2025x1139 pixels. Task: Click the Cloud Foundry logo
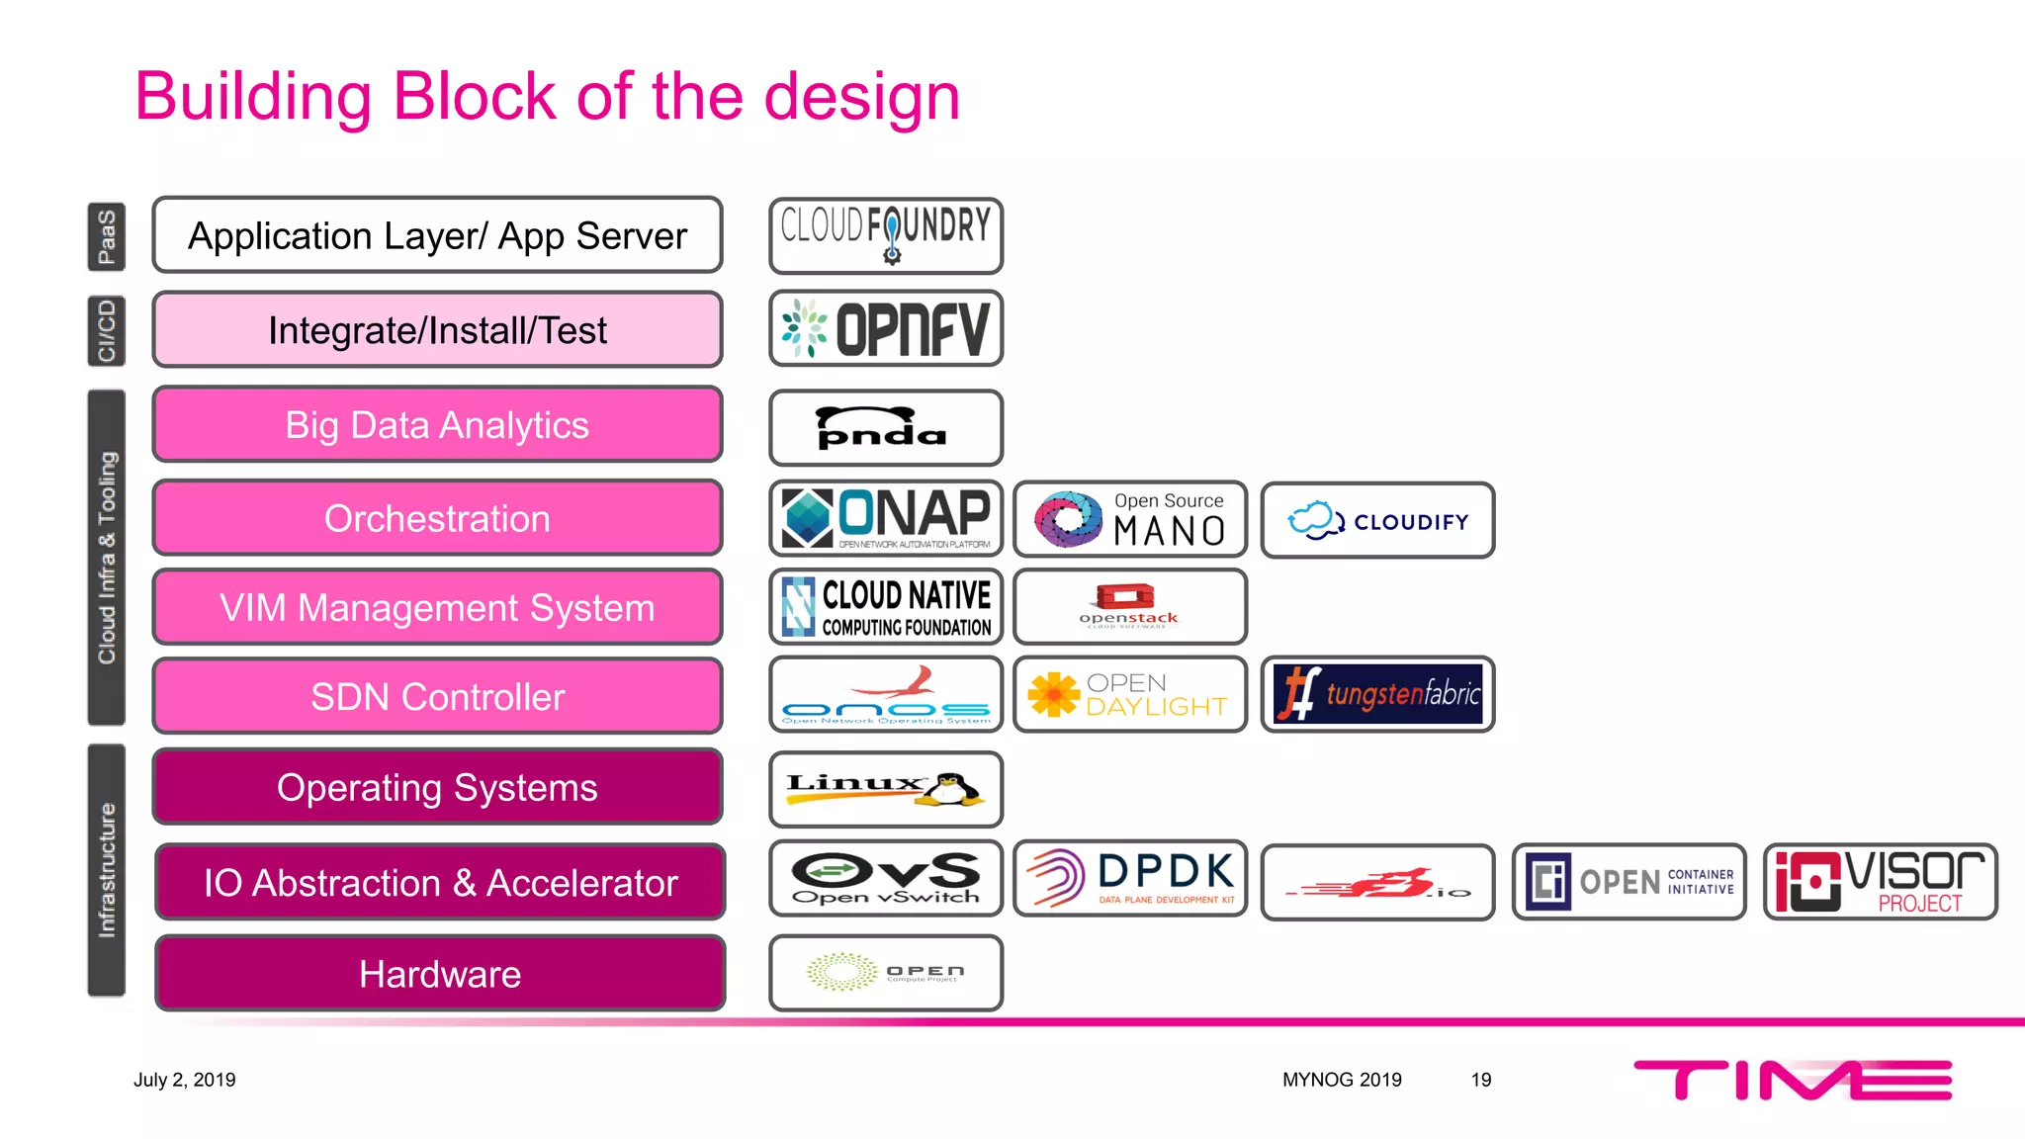click(x=886, y=234)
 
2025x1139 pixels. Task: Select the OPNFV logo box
click(x=886, y=328)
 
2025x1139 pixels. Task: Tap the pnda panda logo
click(x=886, y=427)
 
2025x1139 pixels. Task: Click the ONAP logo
click(x=886, y=518)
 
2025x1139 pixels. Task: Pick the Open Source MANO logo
click(x=1130, y=519)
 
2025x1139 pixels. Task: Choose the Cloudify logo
click(x=1377, y=520)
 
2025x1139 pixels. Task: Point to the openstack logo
click(x=1130, y=606)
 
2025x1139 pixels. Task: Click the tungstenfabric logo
click(x=1377, y=694)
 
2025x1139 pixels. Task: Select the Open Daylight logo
click(x=1130, y=694)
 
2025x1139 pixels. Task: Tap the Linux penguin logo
click(x=886, y=789)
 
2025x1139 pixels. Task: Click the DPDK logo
click(x=1130, y=878)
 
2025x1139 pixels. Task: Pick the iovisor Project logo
click(x=1880, y=881)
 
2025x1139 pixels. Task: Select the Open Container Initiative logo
click(x=1629, y=881)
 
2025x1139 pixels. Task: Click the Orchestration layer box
click(x=437, y=518)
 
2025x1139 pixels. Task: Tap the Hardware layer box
click(x=440, y=974)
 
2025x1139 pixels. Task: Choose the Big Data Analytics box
click(x=437, y=424)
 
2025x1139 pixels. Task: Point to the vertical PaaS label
click(x=107, y=236)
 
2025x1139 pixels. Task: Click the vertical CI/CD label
click(x=107, y=330)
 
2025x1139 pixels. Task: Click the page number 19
click(x=1480, y=1080)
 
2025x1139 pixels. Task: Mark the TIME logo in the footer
click(x=1792, y=1080)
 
